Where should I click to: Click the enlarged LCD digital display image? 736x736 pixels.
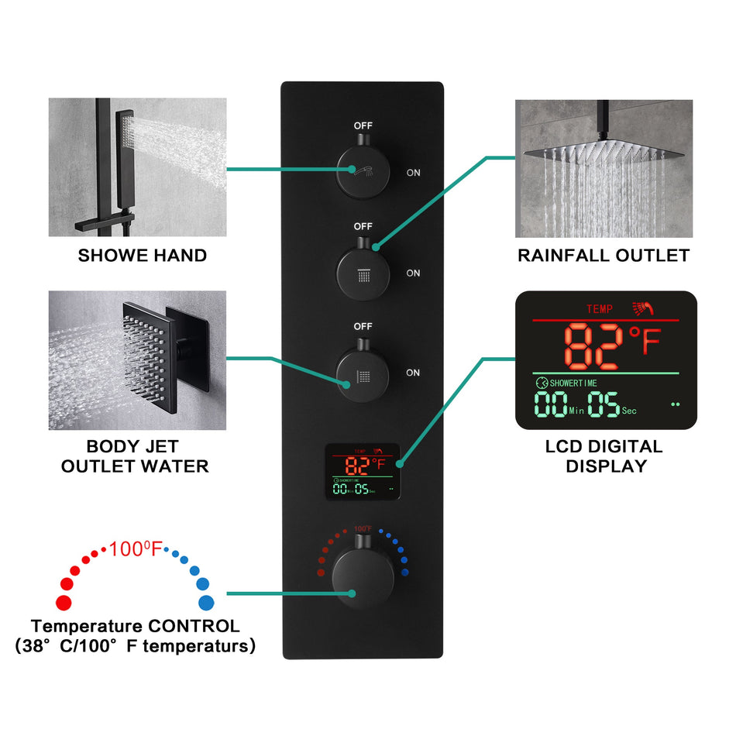click(x=606, y=360)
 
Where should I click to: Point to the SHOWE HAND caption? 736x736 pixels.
click(x=143, y=255)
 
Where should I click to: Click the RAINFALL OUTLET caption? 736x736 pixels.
click(x=604, y=255)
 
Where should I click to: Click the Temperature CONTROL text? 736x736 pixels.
click(x=136, y=626)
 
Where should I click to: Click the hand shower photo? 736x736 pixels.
click(x=138, y=167)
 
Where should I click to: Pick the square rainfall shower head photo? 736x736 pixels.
click(x=604, y=168)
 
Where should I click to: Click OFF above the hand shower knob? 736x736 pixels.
click(x=363, y=126)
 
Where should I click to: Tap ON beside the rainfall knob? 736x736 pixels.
click(x=413, y=273)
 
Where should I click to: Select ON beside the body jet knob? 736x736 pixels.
click(x=413, y=373)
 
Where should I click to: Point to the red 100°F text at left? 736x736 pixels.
click(x=136, y=550)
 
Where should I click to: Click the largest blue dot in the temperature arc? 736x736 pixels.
click(x=206, y=602)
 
